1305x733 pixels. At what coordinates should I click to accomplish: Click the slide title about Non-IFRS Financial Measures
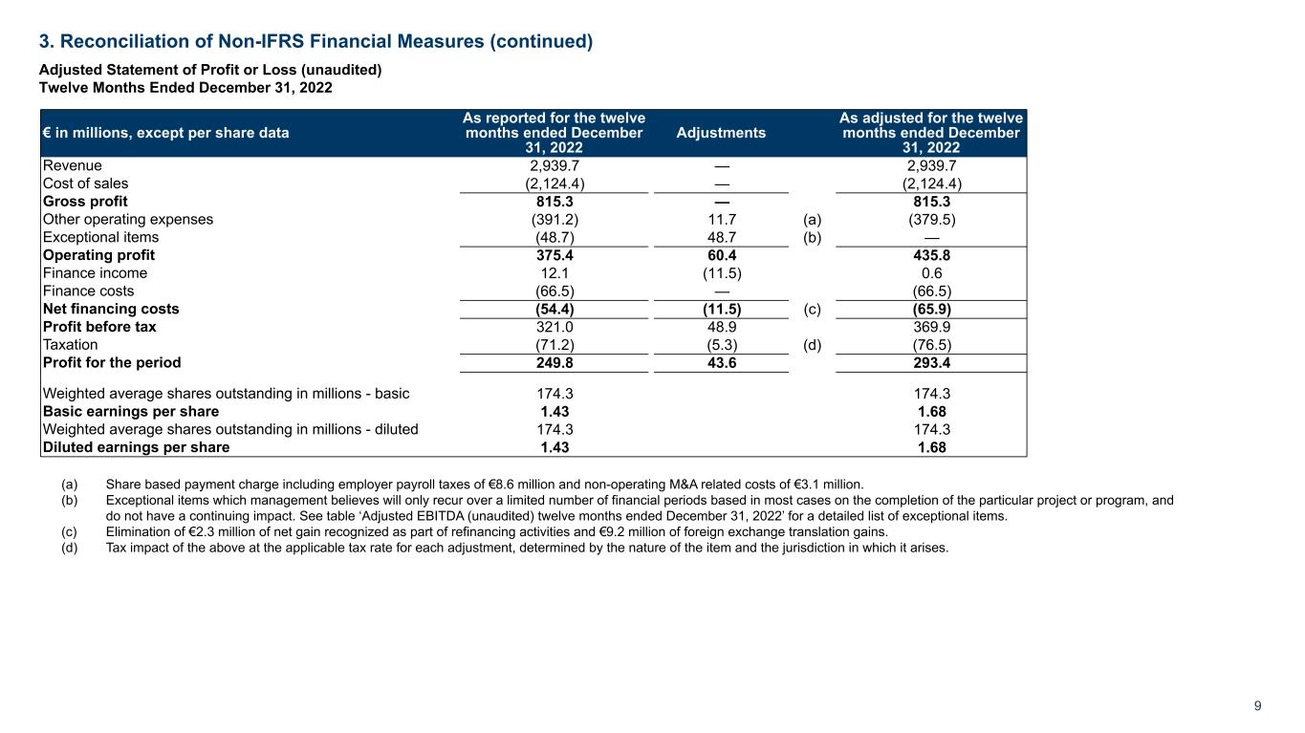[x=315, y=41]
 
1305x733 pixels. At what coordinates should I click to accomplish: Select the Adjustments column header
[x=720, y=133]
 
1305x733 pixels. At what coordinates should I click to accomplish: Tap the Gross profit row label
[x=85, y=202]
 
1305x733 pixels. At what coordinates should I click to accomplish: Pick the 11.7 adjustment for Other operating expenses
[x=720, y=219]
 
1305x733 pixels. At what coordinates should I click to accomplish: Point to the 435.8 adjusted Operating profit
[x=930, y=255]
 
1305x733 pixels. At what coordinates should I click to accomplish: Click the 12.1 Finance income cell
[x=554, y=273]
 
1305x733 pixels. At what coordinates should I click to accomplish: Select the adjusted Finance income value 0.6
[x=930, y=273]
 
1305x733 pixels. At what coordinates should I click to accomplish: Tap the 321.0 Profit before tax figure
[x=554, y=327]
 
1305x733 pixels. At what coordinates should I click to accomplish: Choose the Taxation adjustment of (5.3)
[x=720, y=344]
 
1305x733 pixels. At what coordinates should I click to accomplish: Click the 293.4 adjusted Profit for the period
[x=930, y=362]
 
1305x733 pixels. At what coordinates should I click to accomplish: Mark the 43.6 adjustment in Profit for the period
[x=720, y=362]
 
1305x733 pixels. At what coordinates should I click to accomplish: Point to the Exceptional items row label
[x=100, y=237]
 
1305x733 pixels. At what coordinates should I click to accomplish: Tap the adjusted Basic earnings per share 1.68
[x=930, y=411]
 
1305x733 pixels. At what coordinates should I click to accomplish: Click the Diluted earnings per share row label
[x=136, y=446]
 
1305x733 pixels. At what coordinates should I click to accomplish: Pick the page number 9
[x=1257, y=706]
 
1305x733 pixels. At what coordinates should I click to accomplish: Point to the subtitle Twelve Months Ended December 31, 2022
[x=185, y=87]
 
